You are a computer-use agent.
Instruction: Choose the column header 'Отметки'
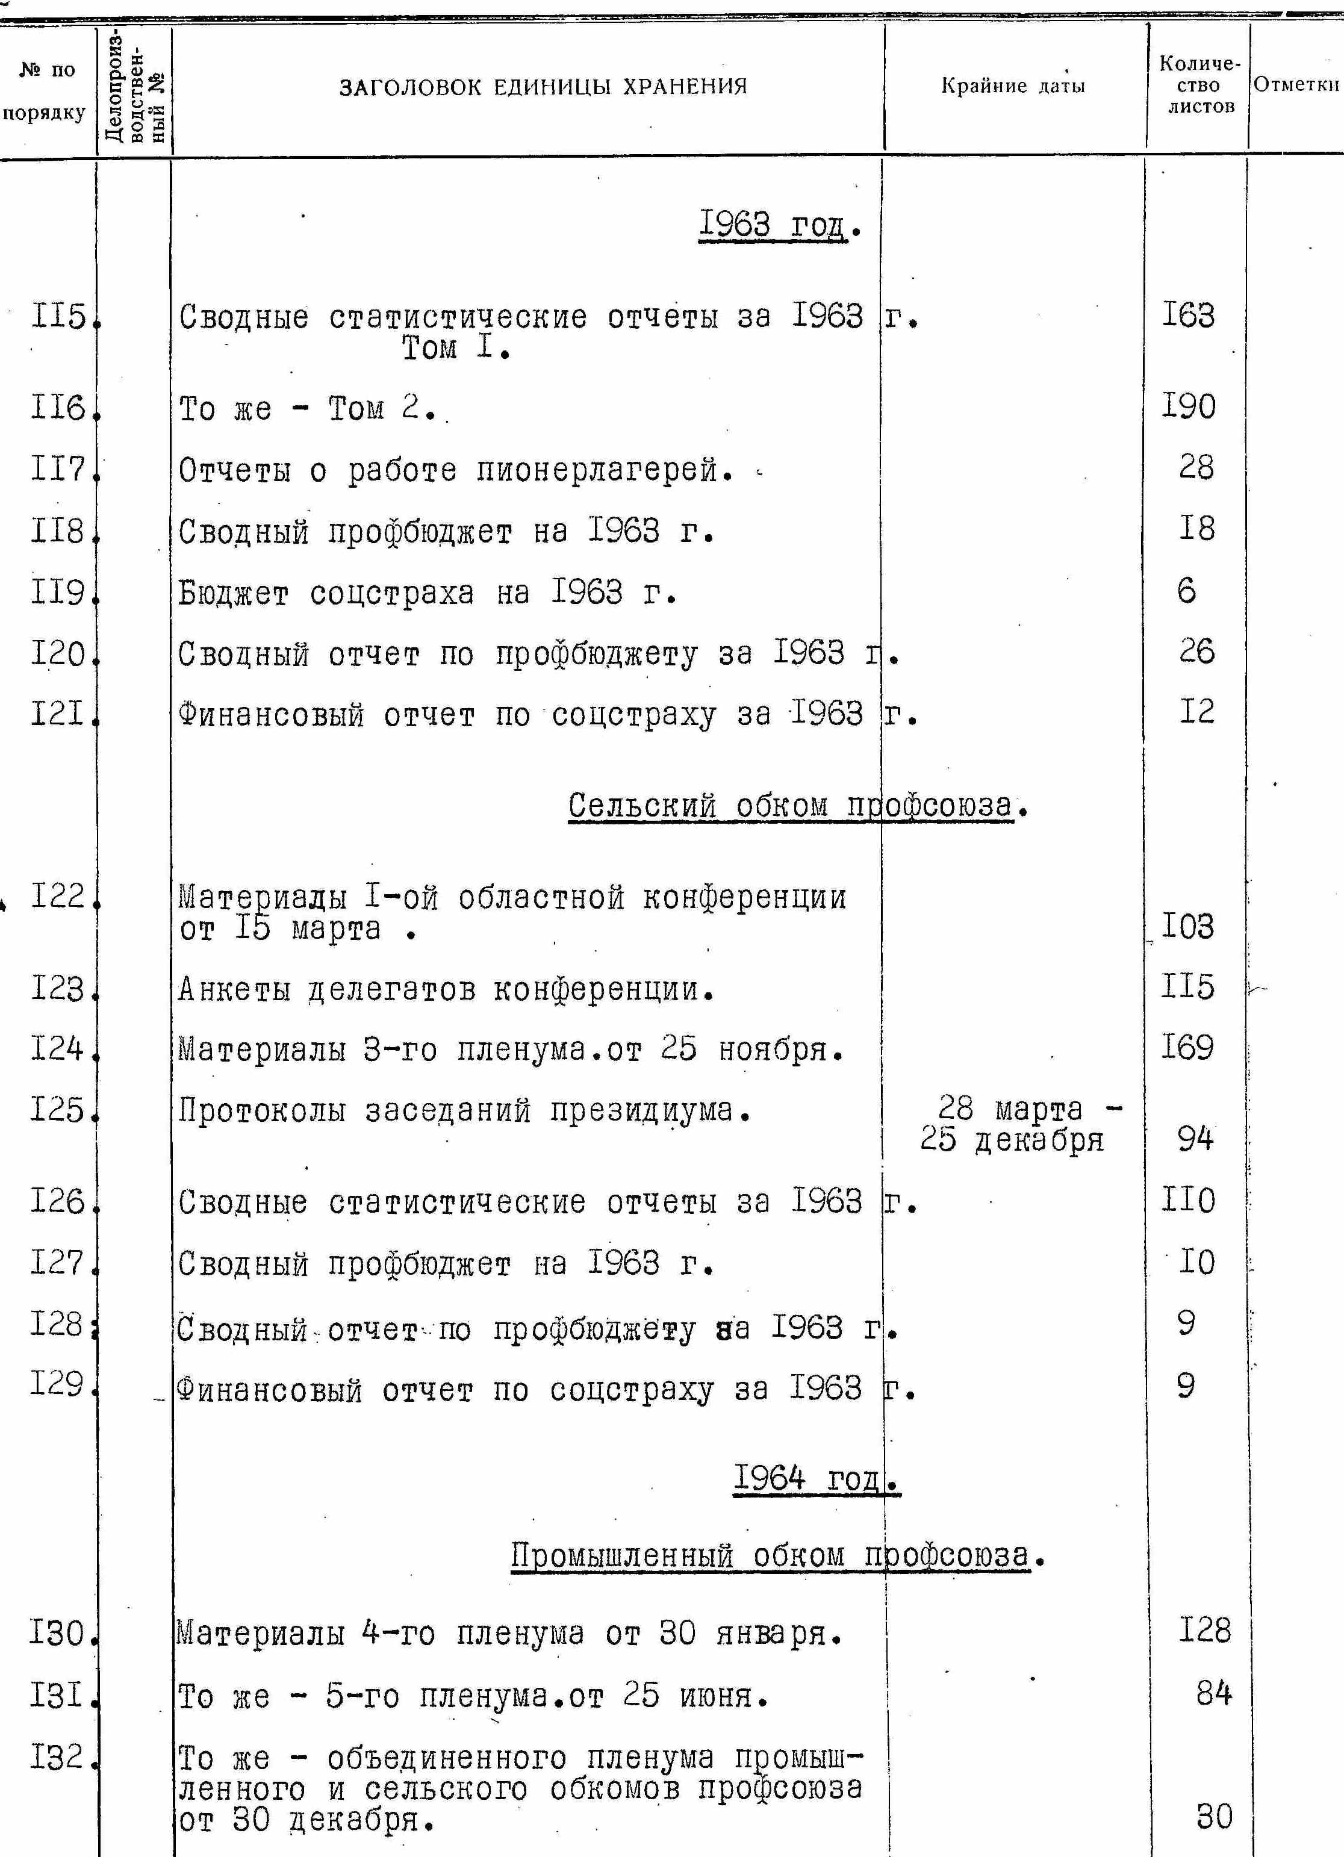pos(1296,84)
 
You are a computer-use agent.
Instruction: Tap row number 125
pos(57,1110)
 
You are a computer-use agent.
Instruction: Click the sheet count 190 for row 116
pos(1189,406)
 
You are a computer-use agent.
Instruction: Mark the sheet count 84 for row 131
pos(1213,1693)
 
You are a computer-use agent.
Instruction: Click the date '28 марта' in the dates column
pos(1010,1110)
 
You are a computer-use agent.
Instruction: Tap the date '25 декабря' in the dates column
pos(1012,1139)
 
